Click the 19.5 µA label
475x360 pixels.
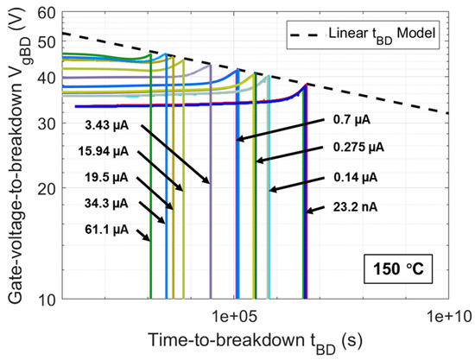pos(108,177)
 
